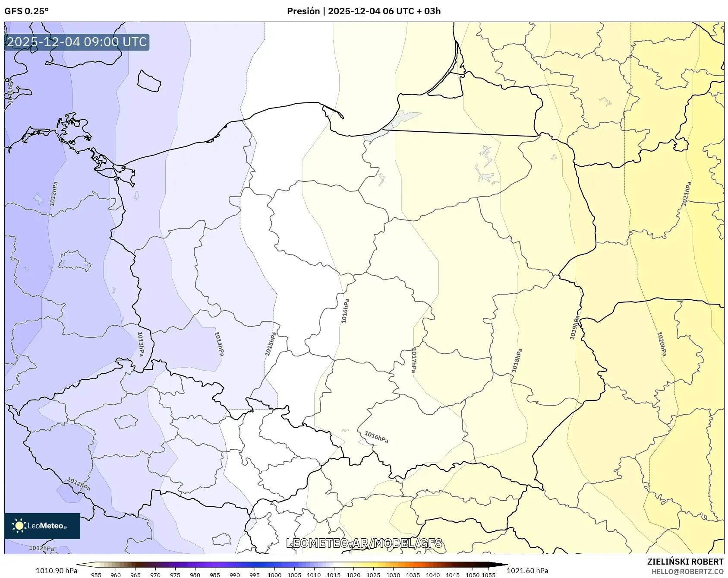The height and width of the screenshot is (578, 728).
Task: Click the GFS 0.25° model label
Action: tap(27, 11)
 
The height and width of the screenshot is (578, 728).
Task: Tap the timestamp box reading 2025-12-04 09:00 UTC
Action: tap(77, 42)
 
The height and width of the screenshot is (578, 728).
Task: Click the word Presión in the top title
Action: tap(303, 11)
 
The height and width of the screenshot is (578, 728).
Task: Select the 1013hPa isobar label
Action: tap(141, 344)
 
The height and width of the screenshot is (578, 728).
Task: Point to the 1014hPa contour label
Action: tap(219, 344)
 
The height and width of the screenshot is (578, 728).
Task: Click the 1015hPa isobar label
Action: tap(271, 344)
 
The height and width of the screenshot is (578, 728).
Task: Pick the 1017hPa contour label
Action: tap(414, 360)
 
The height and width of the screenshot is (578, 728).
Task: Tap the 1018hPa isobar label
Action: tap(517, 360)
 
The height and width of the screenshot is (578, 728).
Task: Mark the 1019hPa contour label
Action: tap(575, 327)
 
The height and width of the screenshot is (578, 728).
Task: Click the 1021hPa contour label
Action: tap(686, 194)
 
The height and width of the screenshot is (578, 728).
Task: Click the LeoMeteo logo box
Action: tap(42, 526)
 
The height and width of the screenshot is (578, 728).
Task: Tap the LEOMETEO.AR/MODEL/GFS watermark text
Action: tap(364, 543)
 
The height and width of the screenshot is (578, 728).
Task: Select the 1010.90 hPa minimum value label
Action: tap(57, 571)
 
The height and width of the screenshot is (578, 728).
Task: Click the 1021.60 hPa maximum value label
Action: tap(527, 571)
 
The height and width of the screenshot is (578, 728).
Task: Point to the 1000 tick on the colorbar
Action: tap(274, 575)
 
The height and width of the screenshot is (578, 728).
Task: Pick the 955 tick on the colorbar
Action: tap(96, 575)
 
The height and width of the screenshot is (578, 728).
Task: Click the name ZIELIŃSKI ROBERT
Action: tap(685, 562)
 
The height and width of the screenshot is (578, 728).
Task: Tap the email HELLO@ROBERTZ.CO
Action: tap(687, 572)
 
